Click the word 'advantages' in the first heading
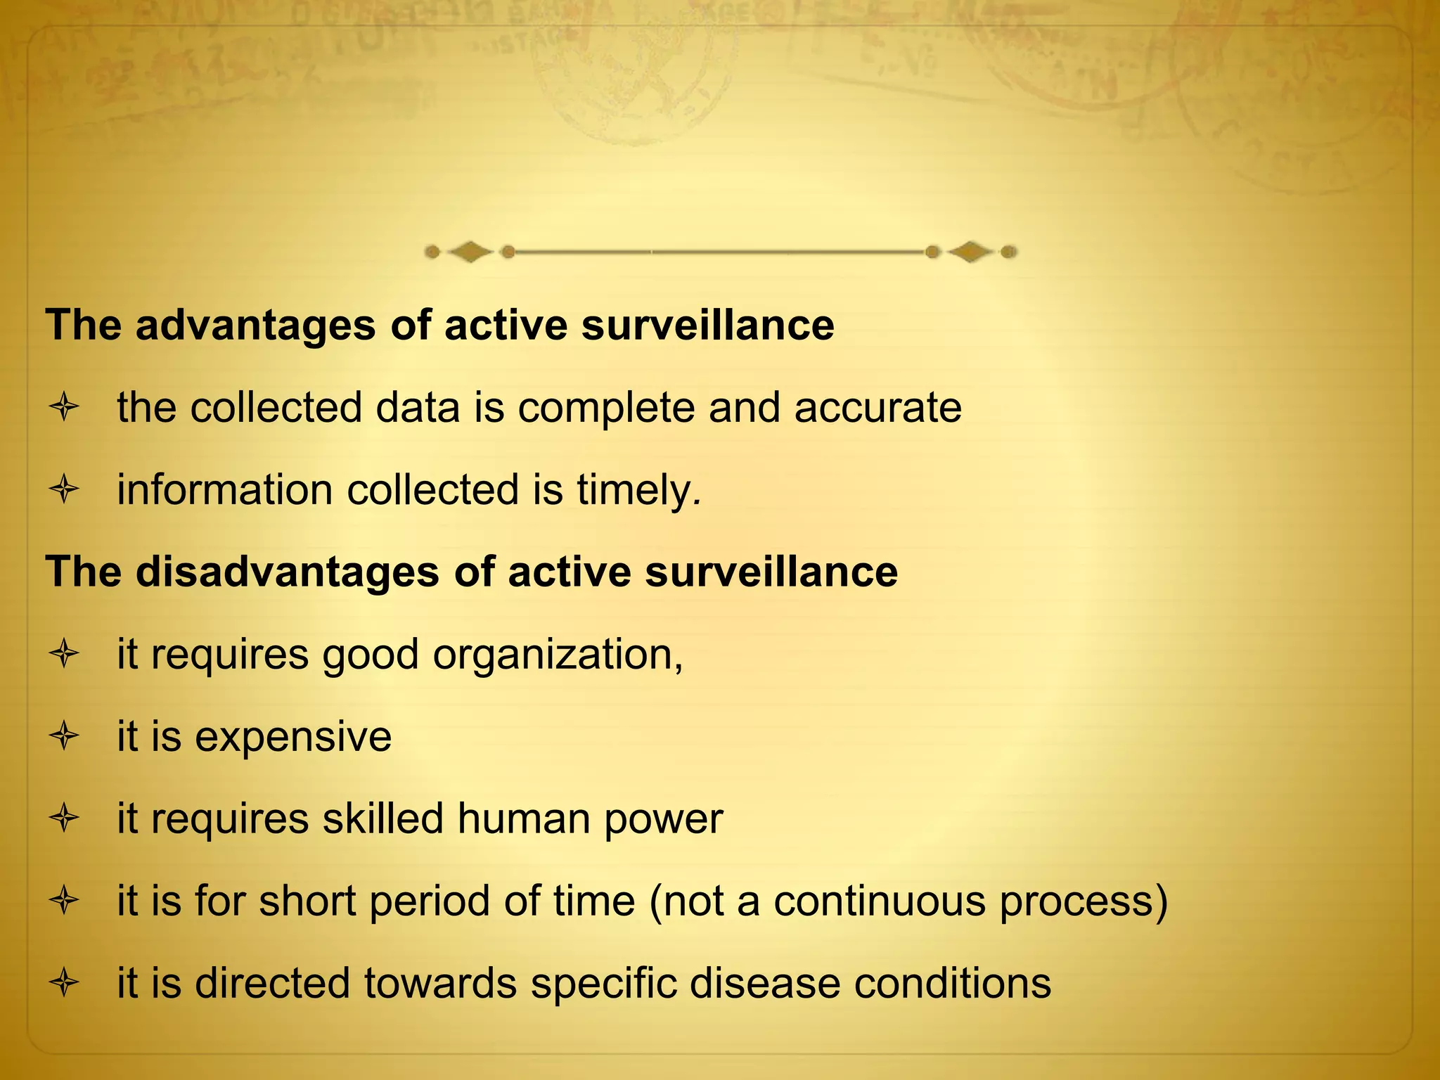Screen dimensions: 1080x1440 [255, 326]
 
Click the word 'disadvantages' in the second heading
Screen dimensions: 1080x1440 [287, 572]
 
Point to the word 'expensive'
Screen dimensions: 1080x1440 [293, 738]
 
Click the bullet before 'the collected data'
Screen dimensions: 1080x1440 [64, 408]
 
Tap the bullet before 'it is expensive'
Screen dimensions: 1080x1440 [64, 737]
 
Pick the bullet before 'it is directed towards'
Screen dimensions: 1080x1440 [64, 983]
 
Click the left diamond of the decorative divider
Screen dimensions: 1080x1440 [470, 252]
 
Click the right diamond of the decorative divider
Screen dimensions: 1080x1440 [970, 252]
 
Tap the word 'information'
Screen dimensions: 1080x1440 [224, 490]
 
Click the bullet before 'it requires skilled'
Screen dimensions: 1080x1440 [64, 819]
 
